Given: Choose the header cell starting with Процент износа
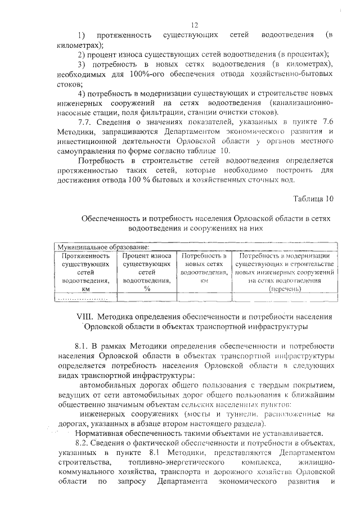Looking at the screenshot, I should tap(146, 272).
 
